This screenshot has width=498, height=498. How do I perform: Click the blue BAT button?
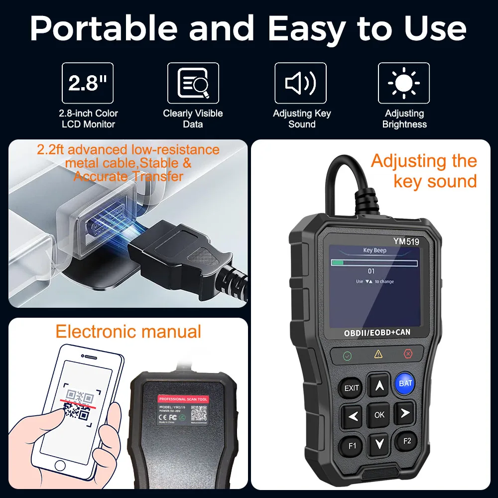tap(405, 383)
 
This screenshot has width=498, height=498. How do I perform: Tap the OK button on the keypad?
tap(379, 414)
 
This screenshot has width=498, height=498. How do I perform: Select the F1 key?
tap(352, 445)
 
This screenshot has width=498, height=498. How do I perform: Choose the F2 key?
tap(406, 440)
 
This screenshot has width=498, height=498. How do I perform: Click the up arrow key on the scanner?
tap(379, 384)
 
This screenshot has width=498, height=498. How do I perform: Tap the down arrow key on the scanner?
tap(379, 443)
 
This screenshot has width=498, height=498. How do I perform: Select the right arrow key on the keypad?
tap(404, 413)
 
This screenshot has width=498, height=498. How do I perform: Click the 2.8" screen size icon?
tap(87, 83)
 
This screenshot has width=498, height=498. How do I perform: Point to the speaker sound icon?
tap(300, 83)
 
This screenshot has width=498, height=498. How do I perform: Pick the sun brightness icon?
tap(403, 83)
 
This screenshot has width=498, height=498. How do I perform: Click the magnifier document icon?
tap(193, 83)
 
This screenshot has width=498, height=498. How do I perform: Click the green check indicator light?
tap(347, 356)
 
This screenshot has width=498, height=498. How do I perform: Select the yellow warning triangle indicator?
tap(378, 354)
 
